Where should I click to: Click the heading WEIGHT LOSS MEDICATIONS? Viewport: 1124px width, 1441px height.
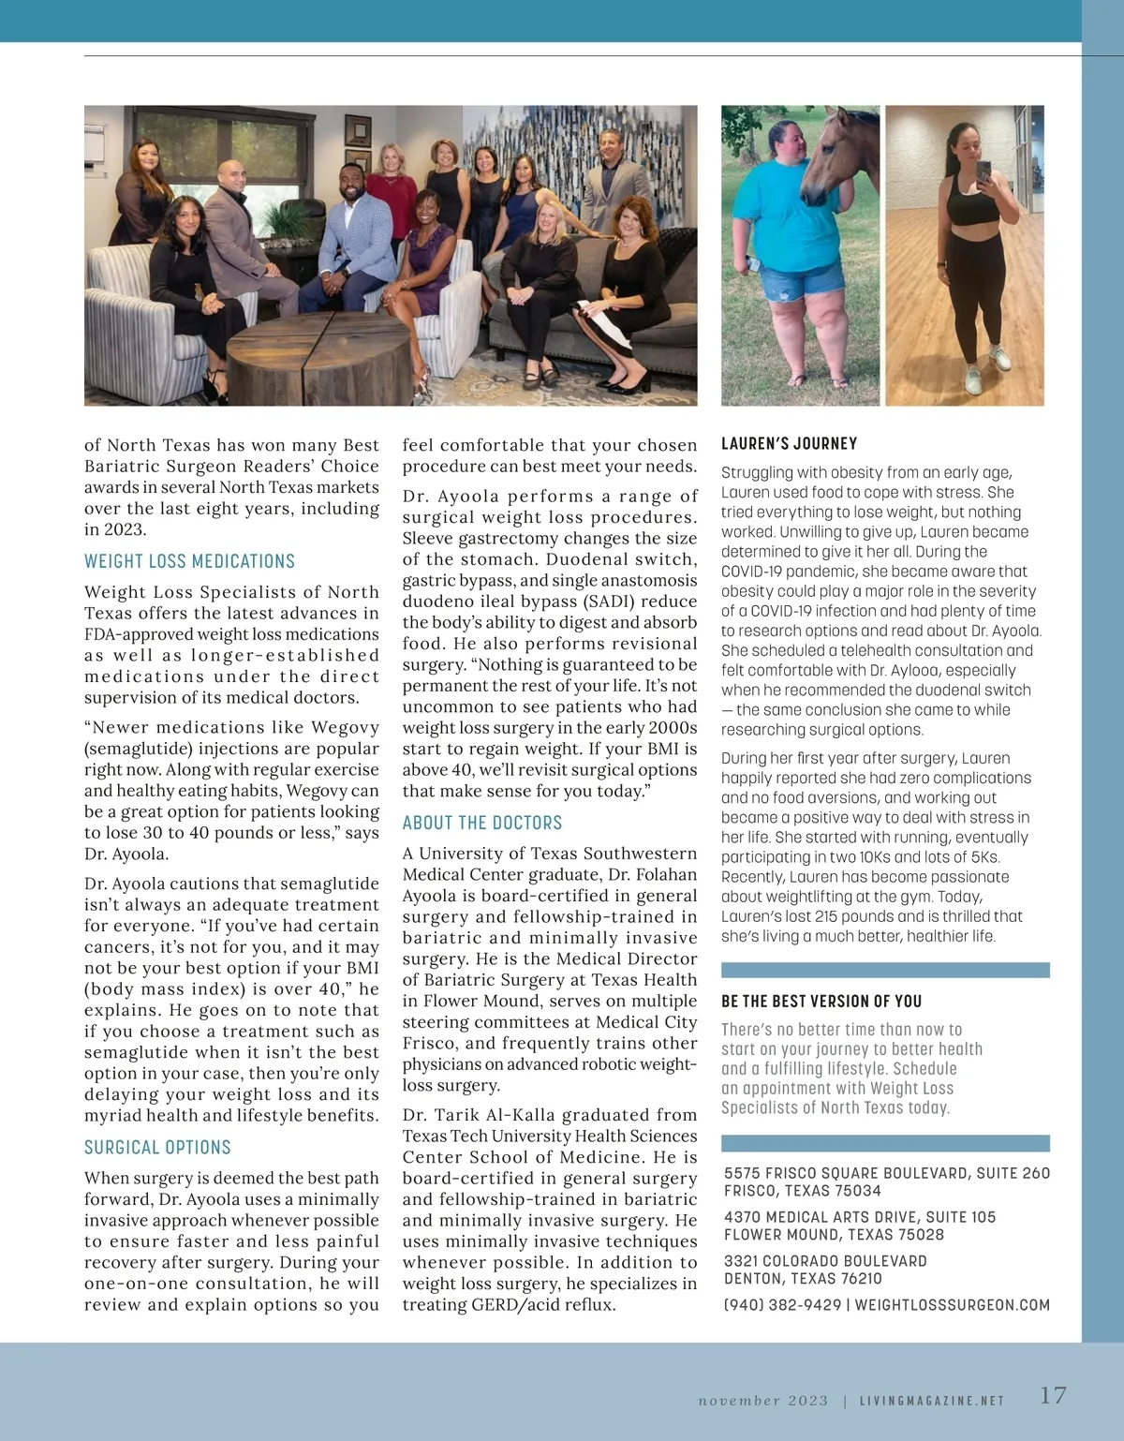tap(189, 561)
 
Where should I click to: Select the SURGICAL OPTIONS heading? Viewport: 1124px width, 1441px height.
tap(157, 1148)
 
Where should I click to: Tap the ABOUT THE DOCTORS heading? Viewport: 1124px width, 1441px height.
tap(482, 823)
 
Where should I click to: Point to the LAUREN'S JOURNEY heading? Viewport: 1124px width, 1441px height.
tap(789, 444)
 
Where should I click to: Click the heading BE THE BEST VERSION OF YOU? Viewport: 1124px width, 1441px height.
tap(821, 1002)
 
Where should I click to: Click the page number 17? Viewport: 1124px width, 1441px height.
tap(1053, 1396)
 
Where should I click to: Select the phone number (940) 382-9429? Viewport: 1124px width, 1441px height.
tap(782, 1305)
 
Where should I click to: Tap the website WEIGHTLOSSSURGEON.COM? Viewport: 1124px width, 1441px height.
tap(952, 1305)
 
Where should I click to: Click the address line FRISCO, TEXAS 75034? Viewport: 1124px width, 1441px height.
tap(802, 1191)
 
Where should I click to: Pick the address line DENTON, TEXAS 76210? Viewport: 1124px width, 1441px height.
tap(803, 1279)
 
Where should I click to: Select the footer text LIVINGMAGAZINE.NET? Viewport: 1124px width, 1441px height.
tap(932, 1401)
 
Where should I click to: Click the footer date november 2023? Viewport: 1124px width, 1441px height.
tap(763, 1401)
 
